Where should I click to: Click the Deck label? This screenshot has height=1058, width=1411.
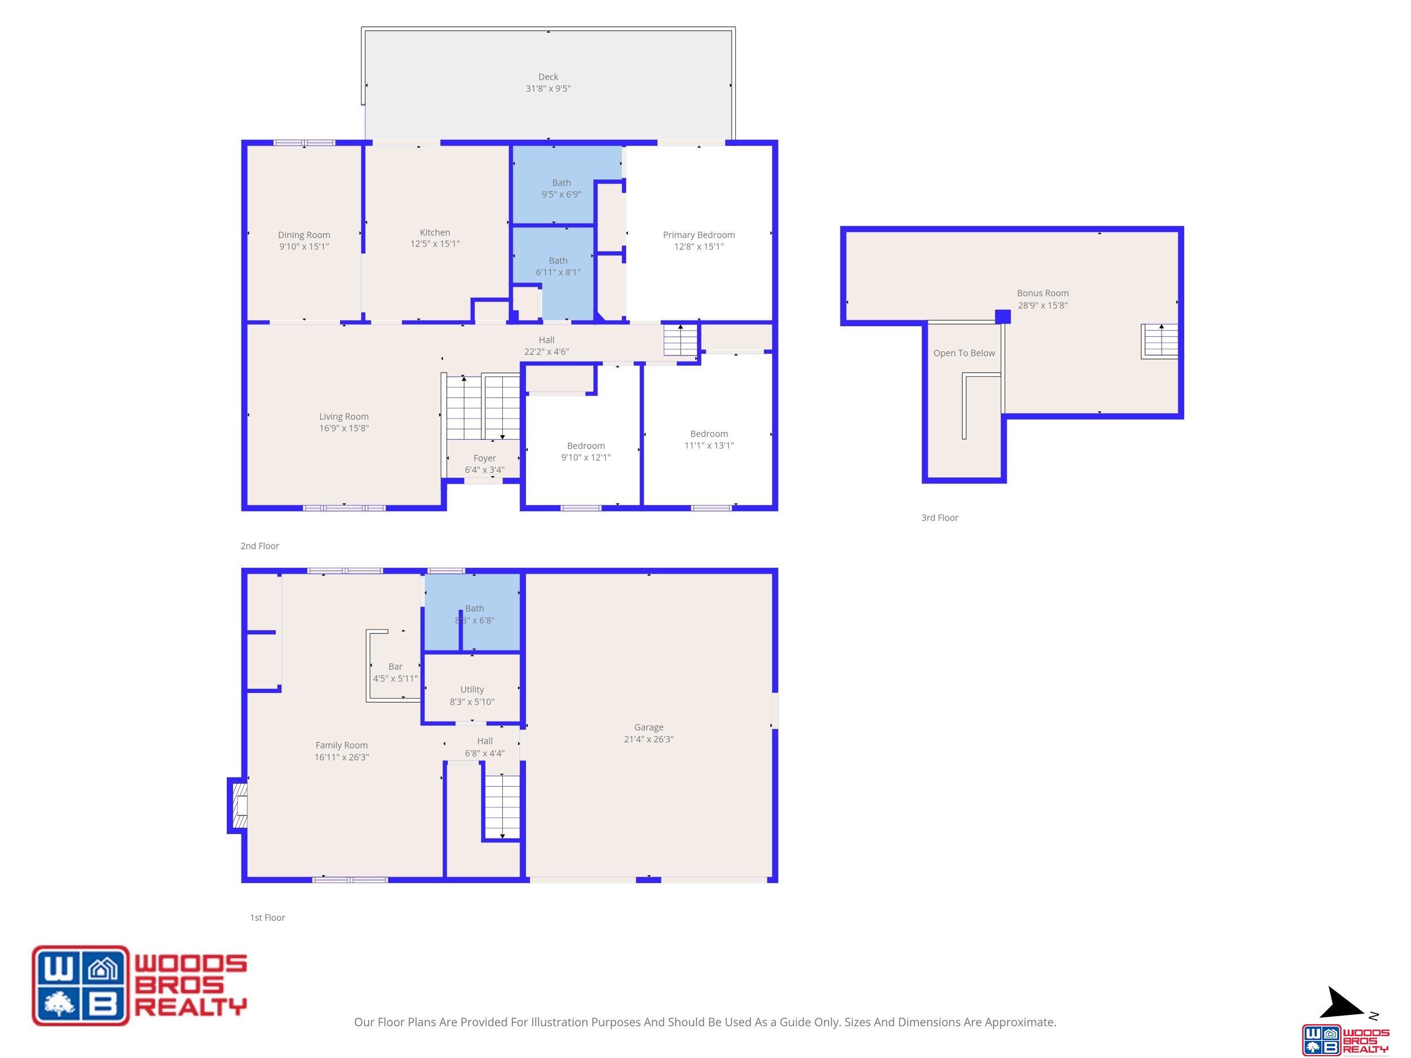pyautogui.click(x=548, y=77)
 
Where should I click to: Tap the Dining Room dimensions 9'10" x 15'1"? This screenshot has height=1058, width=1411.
pyautogui.click(x=304, y=247)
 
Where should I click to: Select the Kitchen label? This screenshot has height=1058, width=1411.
pyautogui.click(x=435, y=232)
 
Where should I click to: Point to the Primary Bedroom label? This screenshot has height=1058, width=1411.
pyautogui.click(x=699, y=235)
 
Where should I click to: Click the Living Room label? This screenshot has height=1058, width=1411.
pyautogui.click(x=344, y=417)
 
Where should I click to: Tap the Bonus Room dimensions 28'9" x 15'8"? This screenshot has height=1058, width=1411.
pyautogui.click(x=1042, y=305)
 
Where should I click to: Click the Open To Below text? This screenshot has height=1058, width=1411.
pyautogui.click(x=964, y=353)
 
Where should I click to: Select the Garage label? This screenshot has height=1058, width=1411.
pyautogui.click(x=648, y=727)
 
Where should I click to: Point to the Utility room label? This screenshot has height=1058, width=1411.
pyautogui.click(x=472, y=690)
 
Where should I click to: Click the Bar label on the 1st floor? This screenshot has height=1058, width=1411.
pyautogui.click(x=396, y=666)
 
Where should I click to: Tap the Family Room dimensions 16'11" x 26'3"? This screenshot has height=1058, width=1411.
pyautogui.click(x=341, y=758)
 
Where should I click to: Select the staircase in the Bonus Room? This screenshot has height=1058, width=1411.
pyautogui.click(x=1160, y=341)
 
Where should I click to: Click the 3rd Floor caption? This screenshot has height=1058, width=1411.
pyautogui.click(x=940, y=518)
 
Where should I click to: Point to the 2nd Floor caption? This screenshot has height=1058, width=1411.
pyautogui.click(x=260, y=546)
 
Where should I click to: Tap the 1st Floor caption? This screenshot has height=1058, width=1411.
pyautogui.click(x=268, y=917)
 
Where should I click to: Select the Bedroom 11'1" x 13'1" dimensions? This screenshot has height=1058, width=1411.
pyautogui.click(x=709, y=446)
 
